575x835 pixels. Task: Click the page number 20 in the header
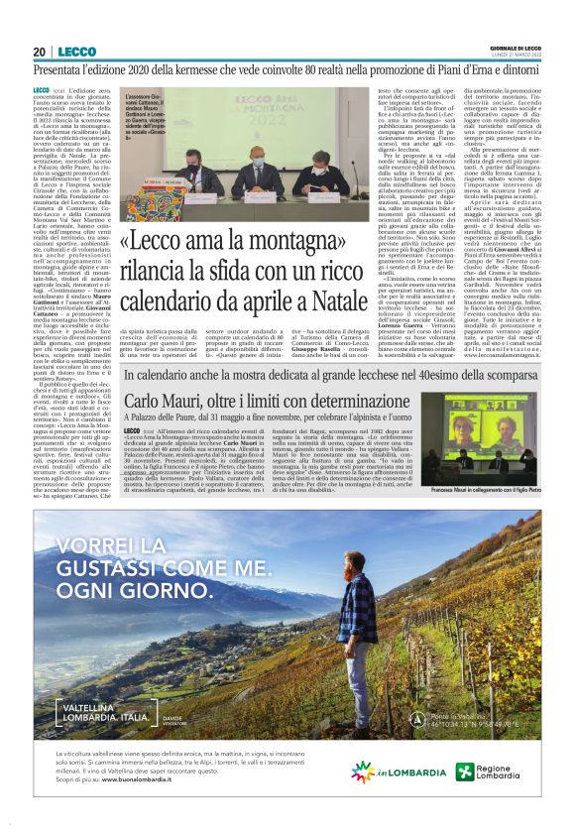[x=39, y=52]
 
